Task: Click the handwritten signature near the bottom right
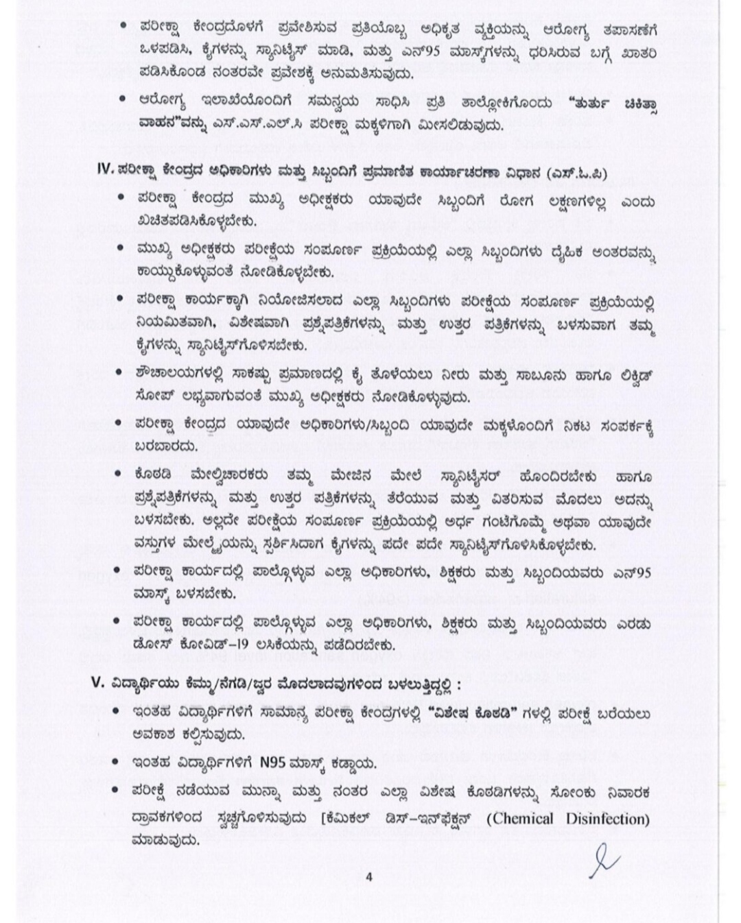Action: [x=604, y=861]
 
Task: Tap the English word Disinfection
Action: [x=608, y=818]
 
